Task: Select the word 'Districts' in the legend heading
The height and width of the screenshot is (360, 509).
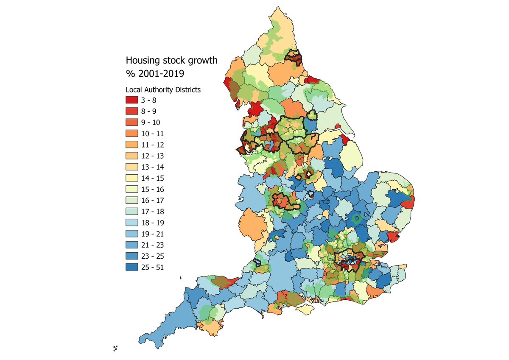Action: [187, 90]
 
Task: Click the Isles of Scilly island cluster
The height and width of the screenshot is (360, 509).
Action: [116, 349]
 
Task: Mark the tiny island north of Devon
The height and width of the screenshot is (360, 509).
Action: [181, 278]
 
